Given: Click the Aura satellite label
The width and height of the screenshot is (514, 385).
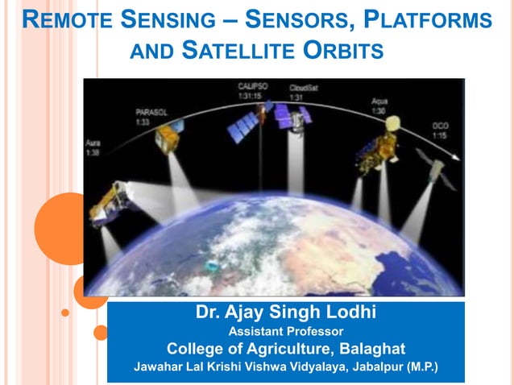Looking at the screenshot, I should click(93, 147).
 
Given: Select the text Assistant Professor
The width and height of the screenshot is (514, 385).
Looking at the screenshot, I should click(285, 331).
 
